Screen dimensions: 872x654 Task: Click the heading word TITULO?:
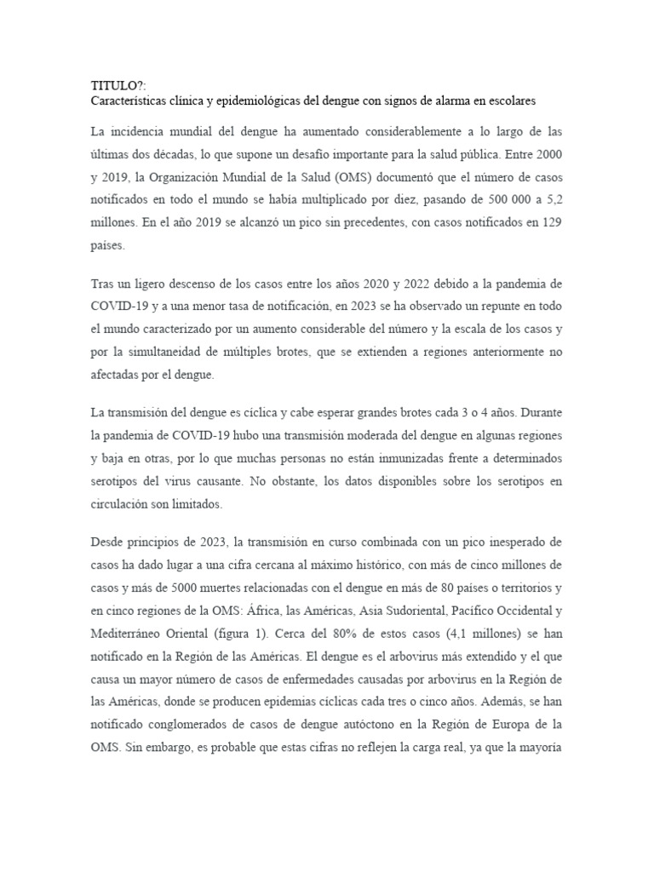[x=113, y=85]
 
